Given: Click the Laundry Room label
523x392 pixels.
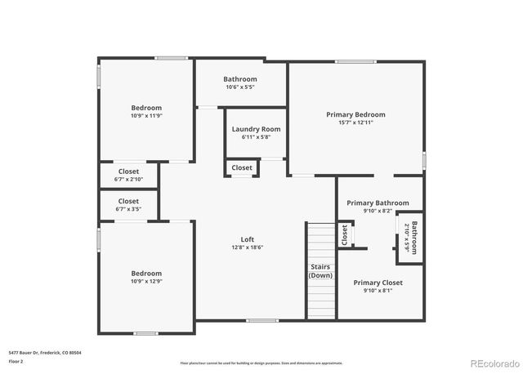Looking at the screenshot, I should (256, 129).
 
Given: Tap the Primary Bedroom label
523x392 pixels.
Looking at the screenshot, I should (355, 114).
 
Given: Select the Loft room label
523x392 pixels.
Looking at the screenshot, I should (247, 239).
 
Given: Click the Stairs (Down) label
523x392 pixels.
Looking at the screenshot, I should (320, 271).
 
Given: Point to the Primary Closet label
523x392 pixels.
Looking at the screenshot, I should (378, 283).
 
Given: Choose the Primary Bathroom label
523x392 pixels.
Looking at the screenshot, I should (378, 203).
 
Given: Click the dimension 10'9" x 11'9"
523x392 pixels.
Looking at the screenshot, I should (146, 116).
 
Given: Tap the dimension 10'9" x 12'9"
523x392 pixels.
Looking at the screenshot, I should (146, 282).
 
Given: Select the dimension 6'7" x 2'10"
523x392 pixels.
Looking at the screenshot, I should (128, 179).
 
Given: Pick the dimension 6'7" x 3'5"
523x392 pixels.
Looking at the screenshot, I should (128, 209).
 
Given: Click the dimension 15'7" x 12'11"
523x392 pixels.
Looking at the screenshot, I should (355, 122).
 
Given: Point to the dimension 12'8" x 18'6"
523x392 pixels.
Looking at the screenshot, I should (247, 247).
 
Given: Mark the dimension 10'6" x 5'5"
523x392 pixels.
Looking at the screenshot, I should (240, 87).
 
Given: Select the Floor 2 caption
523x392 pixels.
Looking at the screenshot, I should (16, 361).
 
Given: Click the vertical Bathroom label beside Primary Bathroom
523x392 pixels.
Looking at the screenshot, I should (414, 238).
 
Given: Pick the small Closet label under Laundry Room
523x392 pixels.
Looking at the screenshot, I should (242, 167).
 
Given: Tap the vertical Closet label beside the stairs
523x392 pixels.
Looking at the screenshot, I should (344, 235).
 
